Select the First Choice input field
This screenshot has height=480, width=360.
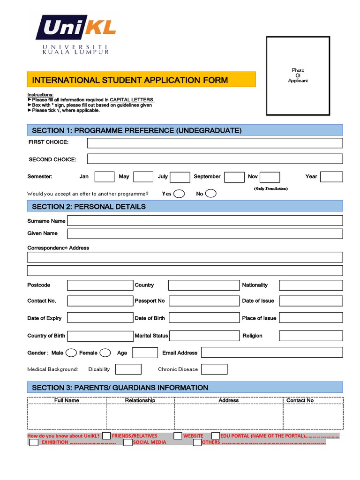click(x=215, y=143)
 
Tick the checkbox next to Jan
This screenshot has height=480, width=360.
click(x=104, y=177)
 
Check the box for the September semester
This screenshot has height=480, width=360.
click(x=234, y=177)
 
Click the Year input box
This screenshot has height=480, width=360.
click(x=331, y=177)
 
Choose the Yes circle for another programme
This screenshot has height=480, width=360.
click(x=179, y=194)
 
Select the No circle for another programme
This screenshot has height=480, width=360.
click(x=211, y=194)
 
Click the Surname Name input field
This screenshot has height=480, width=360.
click(x=205, y=221)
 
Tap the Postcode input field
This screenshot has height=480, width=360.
click(x=100, y=285)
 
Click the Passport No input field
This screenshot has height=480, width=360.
click(x=203, y=301)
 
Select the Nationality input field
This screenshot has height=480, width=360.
click(x=311, y=285)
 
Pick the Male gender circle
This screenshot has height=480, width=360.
click(x=71, y=353)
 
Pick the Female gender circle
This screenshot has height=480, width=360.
click(x=105, y=353)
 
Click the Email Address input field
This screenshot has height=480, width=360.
click(x=272, y=353)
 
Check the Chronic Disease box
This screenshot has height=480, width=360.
click(x=214, y=369)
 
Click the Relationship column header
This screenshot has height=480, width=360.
click(x=140, y=400)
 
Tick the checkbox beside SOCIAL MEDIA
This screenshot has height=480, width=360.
click(x=128, y=442)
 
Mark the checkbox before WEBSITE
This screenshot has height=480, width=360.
click(x=178, y=436)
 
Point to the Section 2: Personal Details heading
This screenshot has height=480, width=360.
click(x=89, y=207)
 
